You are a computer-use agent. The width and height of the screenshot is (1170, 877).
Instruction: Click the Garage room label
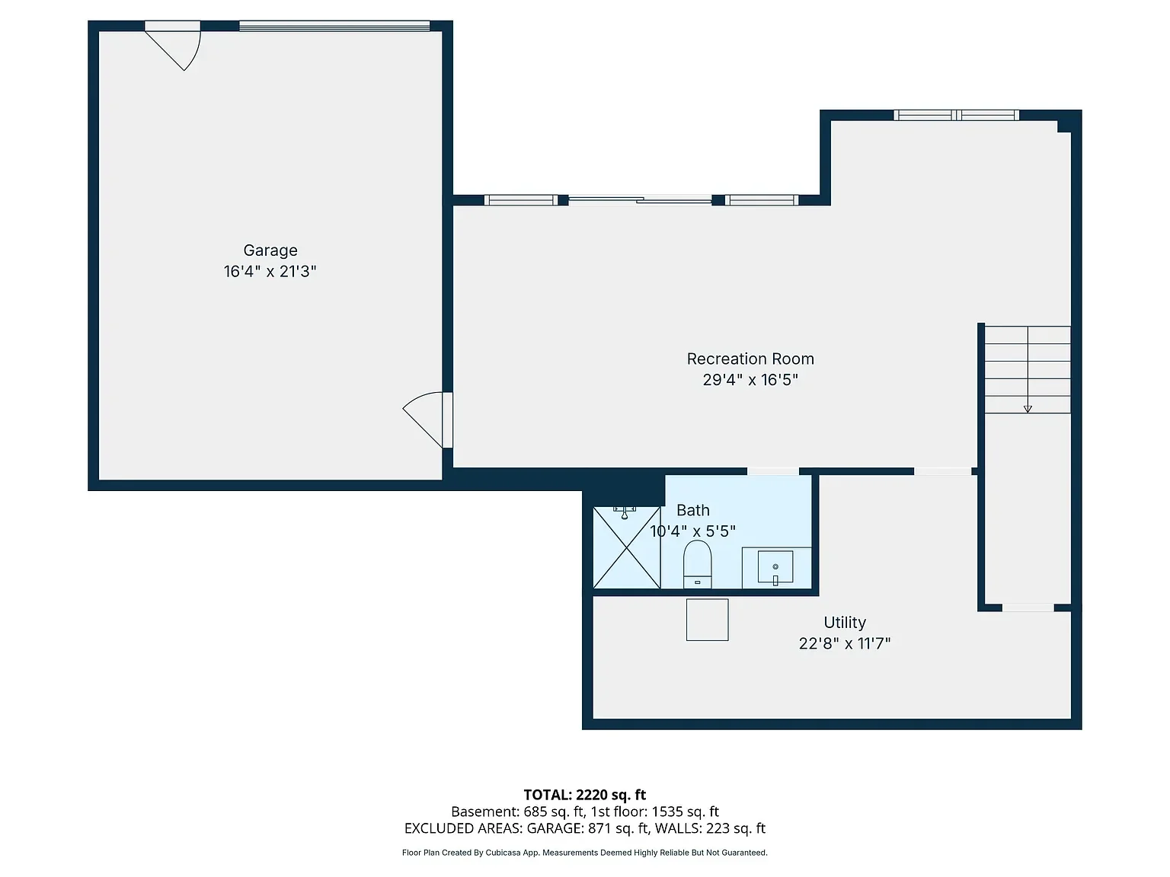(x=270, y=250)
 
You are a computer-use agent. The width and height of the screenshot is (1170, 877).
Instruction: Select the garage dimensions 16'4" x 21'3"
(x=270, y=272)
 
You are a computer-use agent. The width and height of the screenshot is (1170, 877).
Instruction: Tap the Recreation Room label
(x=750, y=359)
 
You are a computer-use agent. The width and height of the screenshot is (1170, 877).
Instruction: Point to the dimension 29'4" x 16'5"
(x=750, y=380)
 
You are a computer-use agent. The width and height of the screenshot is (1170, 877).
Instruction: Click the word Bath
(x=693, y=510)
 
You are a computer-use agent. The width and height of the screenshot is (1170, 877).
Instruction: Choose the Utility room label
(x=845, y=623)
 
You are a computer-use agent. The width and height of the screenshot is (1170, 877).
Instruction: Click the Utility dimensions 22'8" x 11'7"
(x=845, y=644)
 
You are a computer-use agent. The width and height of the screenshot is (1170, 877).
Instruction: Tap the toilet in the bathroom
(x=697, y=564)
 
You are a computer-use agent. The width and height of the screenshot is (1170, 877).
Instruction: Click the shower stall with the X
(x=627, y=548)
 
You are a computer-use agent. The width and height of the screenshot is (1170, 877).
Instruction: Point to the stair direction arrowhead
(x=1028, y=409)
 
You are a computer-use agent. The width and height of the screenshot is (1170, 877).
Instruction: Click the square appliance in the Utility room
(x=707, y=620)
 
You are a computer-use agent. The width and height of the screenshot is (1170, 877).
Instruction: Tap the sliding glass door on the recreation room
(x=640, y=200)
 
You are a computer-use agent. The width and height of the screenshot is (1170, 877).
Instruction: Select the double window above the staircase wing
(x=956, y=115)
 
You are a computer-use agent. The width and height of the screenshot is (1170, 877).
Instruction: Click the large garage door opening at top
(x=334, y=26)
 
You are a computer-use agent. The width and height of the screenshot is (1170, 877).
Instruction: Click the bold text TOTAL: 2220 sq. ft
(x=585, y=795)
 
